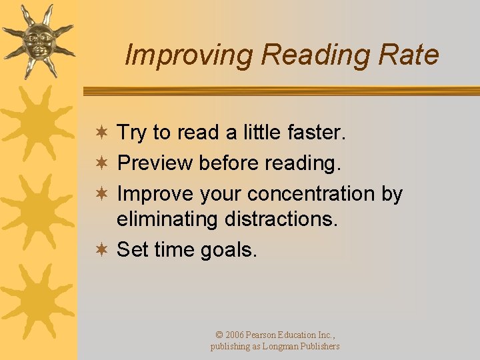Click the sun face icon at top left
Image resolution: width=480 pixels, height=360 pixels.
(37, 39)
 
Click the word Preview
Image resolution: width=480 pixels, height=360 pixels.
(155, 163)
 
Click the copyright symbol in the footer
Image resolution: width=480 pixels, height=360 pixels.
(219, 335)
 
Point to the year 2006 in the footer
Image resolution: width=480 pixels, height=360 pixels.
(235, 335)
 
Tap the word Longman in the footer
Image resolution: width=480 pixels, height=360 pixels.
(285, 347)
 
